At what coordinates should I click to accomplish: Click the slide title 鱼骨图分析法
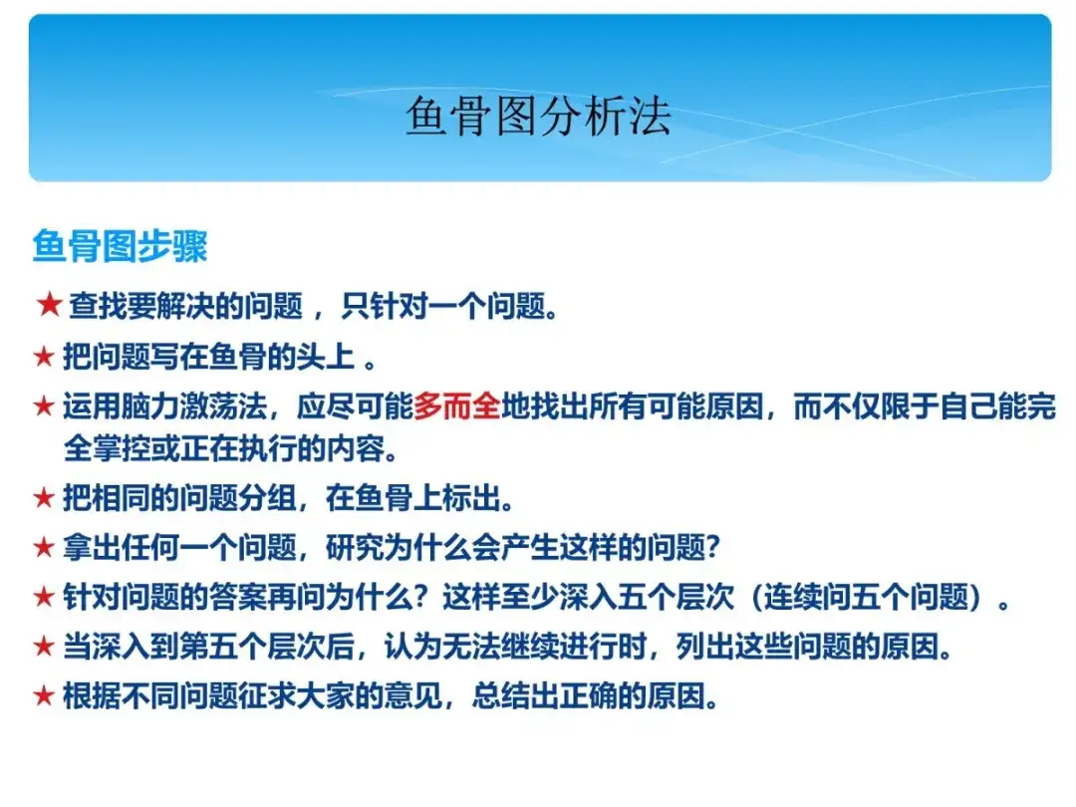coord(539,116)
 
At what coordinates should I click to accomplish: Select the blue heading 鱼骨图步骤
coord(121,246)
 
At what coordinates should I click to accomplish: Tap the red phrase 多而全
coord(457,406)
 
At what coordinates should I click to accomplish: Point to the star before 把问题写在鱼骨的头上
coord(44,356)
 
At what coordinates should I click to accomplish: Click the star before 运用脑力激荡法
coord(44,405)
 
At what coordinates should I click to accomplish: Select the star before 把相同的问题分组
coord(44,497)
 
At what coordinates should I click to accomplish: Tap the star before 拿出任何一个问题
coord(44,547)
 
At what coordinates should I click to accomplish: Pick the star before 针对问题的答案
coord(44,597)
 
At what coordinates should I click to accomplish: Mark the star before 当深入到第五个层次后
coord(44,646)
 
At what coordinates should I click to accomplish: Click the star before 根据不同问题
coord(44,695)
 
